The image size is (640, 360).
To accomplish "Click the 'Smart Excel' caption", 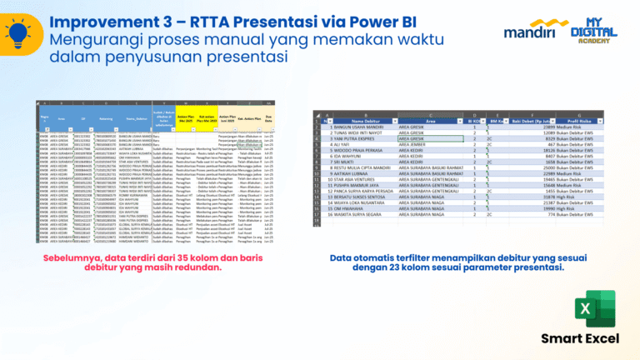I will (x=580, y=338).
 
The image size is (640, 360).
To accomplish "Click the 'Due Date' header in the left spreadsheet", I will (x=270, y=117).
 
